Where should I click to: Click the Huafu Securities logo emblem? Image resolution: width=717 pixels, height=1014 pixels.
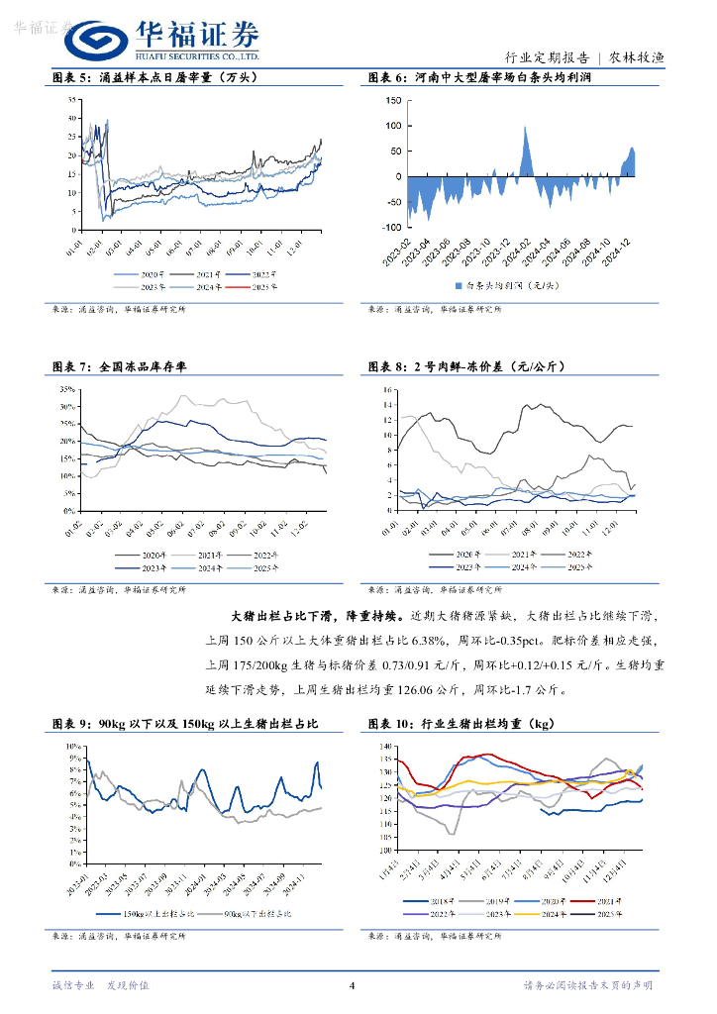click(x=97, y=41)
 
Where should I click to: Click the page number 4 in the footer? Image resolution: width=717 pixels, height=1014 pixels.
click(x=353, y=985)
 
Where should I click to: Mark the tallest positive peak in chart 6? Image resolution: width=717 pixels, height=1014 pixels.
click(x=524, y=128)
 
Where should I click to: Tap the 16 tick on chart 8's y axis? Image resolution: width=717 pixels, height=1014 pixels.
click(x=389, y=389)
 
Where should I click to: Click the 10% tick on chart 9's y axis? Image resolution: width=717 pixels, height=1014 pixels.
click(x=72, y=744)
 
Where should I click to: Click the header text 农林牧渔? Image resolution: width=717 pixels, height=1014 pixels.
click(x=636, y=57)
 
